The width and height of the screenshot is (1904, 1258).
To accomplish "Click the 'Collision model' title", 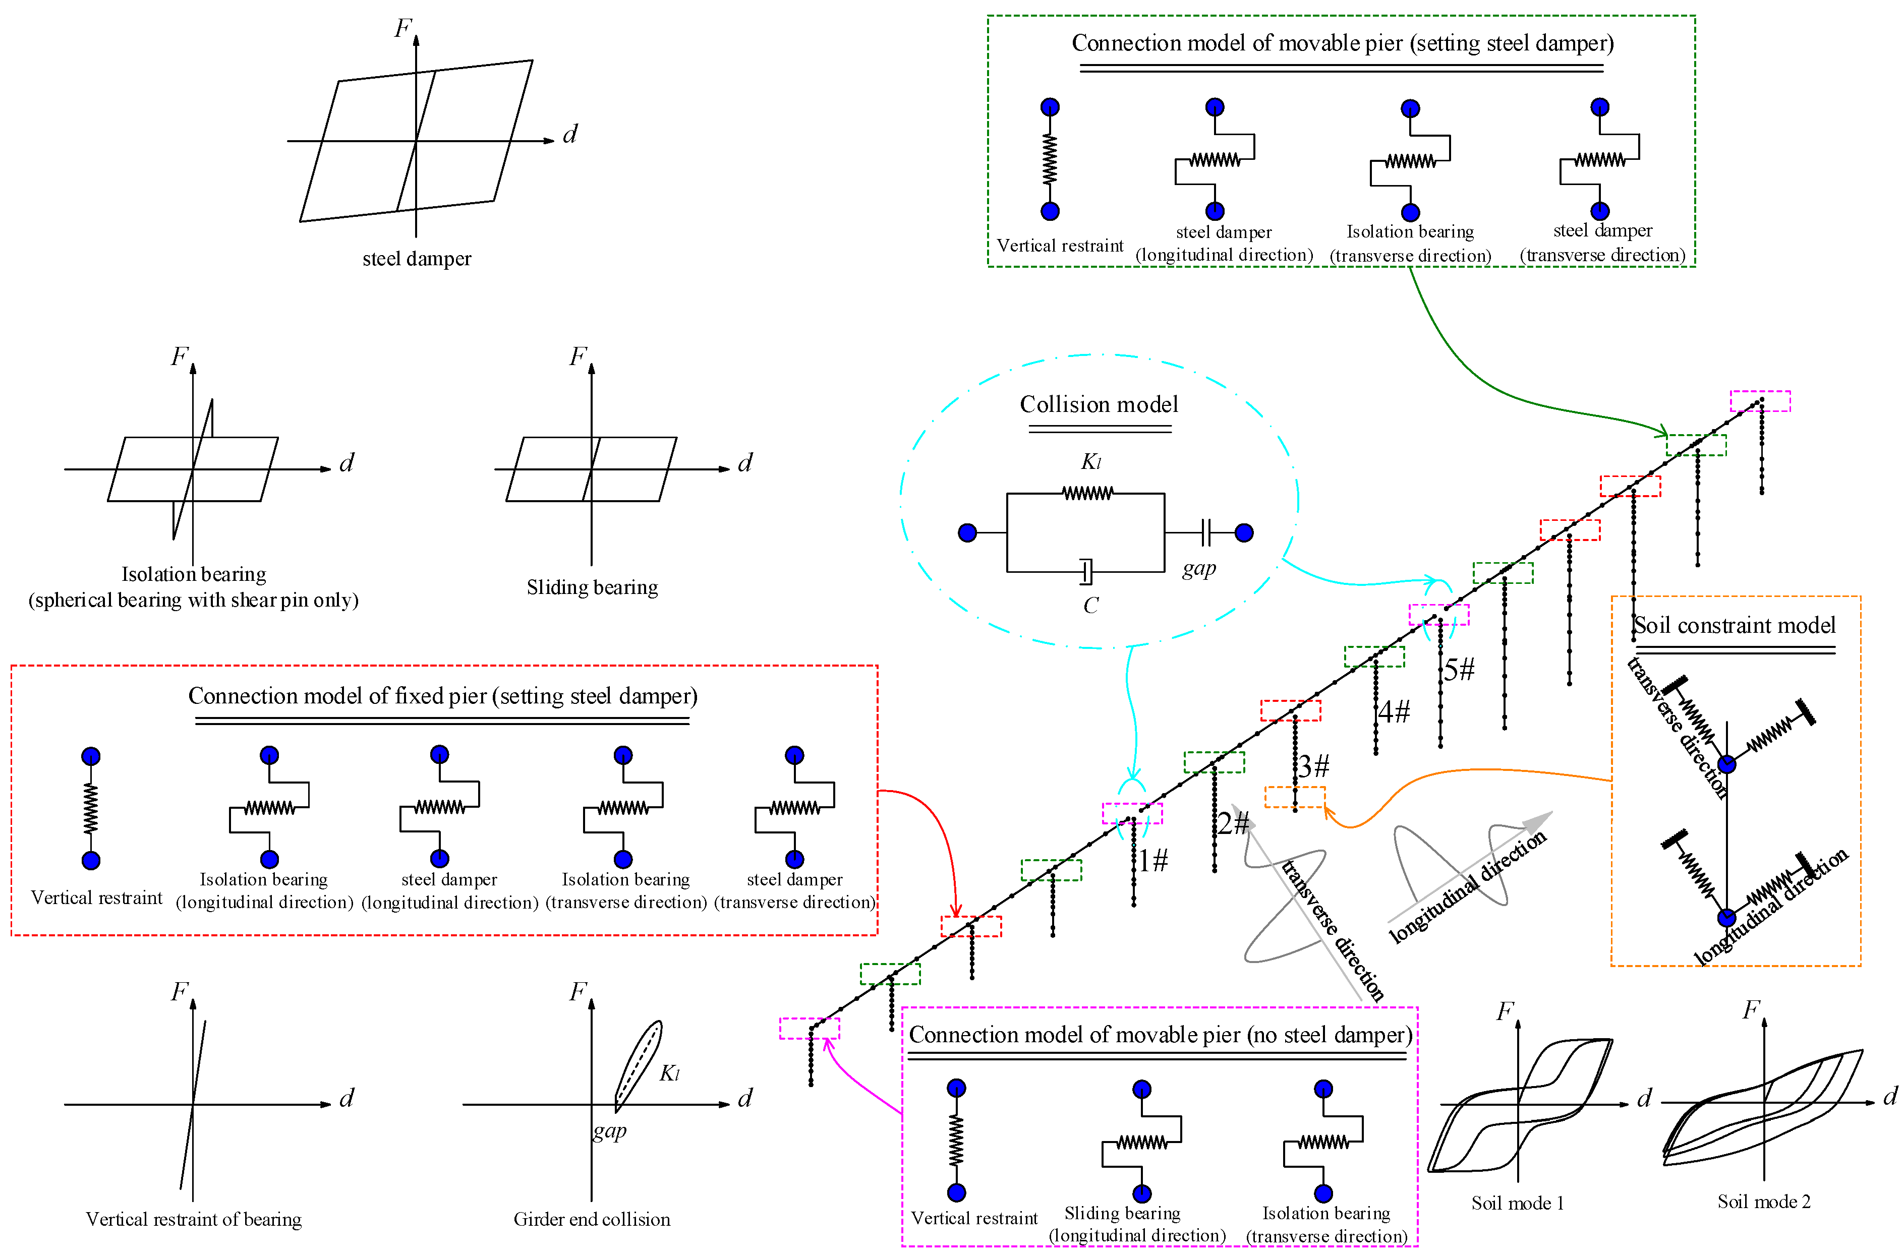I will click(x=1099, y=404).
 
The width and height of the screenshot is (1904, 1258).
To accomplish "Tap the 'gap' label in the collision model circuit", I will click(x=1199, y=568).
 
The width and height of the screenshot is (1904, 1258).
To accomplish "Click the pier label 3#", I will click(x=1314, y=766).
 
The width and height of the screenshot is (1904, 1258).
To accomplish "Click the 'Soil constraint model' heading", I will click(x=1735, y=626).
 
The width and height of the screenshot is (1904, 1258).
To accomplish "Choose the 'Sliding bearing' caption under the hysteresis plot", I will click(x=592, y=588).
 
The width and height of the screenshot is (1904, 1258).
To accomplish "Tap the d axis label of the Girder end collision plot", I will click(x=745, y=1098).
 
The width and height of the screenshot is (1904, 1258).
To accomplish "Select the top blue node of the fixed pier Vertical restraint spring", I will click(x=91, y=756).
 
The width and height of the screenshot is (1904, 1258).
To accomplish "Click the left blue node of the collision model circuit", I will click(x=968, y=533).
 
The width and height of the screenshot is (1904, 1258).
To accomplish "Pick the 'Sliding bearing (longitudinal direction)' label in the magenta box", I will click(x=1137, y=1224).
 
